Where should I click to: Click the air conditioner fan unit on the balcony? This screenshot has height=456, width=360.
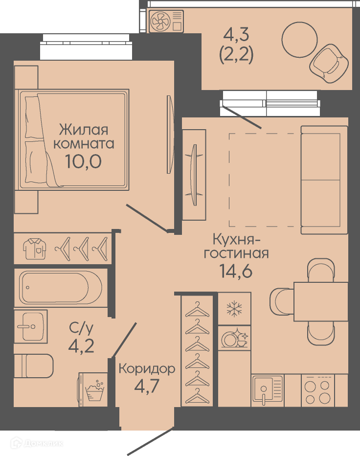click(x=167, y=21)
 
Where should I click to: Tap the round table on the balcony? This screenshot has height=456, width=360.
click(x=299, y=40)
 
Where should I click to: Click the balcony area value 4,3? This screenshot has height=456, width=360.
click(x=236, y=35)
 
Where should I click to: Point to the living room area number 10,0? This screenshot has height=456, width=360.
click(x=83, y=161)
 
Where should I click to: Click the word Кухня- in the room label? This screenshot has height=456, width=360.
click(x=237, y=239)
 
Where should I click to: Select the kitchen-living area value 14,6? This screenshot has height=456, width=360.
click(x=236, y=271)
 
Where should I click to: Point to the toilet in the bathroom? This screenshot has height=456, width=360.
click(x=34, y=366)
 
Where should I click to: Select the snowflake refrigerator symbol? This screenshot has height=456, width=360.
click(x=234, y=309)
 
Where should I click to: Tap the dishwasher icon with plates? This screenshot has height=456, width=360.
click(x=234, y=338)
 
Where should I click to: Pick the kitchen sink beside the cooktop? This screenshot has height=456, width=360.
click(x=267, y=390)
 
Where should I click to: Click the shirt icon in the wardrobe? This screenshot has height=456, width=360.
click(x=35, y=249)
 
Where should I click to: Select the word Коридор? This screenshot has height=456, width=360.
click(x=147, y=369)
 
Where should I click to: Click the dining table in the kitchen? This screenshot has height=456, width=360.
click(x=321, y=301)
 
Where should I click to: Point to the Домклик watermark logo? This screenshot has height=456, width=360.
click(x=37, y=443)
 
